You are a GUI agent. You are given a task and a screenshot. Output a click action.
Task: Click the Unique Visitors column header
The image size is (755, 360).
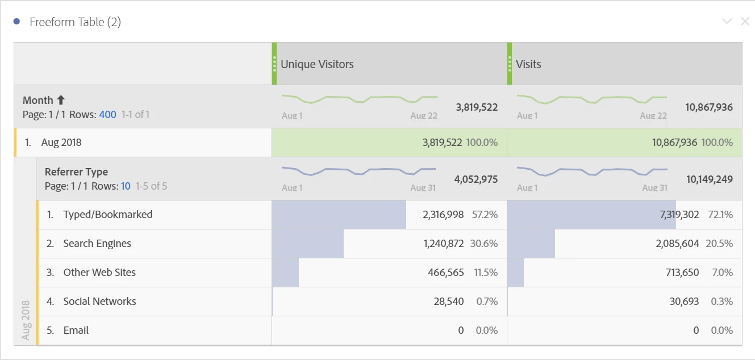[x=317, y=64]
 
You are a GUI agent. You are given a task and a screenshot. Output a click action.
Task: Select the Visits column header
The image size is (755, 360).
[x=528, y=64]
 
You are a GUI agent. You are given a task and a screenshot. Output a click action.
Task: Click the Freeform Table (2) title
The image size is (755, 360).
[x=75, y=22]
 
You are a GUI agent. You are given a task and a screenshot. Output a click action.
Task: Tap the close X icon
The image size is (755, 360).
[x=745, y=22]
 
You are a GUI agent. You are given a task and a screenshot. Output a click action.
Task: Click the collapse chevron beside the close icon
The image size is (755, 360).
[x=727, y=22]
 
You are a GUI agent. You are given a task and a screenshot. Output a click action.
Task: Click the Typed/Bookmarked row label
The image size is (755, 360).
[x=107, y=215]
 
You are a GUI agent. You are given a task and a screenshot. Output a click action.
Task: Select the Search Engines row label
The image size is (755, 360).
[x=97, y=244]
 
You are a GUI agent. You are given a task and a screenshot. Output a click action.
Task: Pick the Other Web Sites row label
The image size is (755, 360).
[x=99, y=273]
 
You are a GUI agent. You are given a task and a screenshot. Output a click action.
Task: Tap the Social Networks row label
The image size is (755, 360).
[x=99, y=302]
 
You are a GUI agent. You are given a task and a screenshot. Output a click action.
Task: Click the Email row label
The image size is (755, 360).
[x=76, y=330]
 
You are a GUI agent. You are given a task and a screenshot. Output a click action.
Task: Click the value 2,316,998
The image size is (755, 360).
[x=443, y=215]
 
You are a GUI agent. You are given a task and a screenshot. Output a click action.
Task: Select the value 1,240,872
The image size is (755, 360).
[x=443, y=244]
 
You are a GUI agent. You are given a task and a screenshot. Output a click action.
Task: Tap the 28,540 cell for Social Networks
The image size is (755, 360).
[x=449, y=302]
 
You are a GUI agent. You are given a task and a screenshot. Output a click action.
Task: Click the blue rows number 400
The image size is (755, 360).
[x=107, y=115]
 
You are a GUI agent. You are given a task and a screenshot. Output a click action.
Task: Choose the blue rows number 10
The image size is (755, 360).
[x=126, y=186]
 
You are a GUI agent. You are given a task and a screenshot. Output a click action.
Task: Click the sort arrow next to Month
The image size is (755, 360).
[x=61, y=101]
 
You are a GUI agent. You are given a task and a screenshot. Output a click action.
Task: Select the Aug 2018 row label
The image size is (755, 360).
[x=61, y=143]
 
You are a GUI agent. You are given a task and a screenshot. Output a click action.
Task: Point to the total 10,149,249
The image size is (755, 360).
[x=709, y=179]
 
